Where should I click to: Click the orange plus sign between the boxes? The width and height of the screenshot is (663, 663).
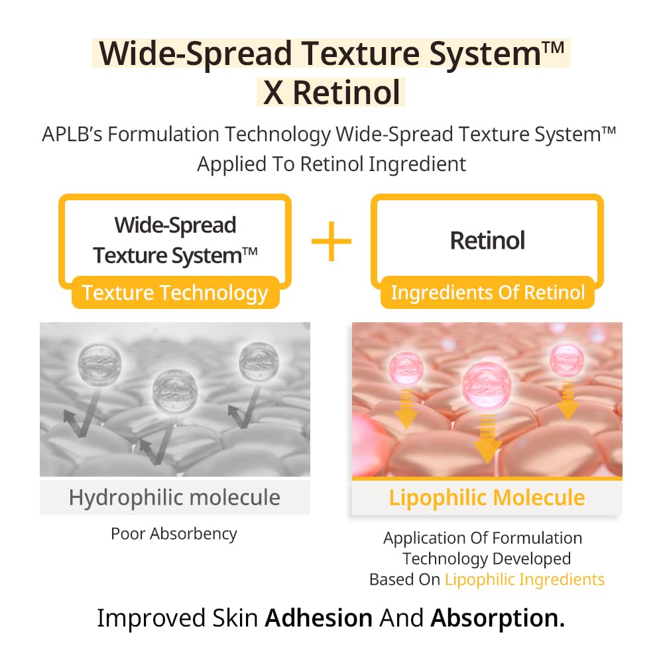(x=331, y=241)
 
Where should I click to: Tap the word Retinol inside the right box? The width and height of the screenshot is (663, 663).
(x=487, y=240)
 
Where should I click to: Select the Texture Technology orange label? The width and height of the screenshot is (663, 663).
(x=175, y=293)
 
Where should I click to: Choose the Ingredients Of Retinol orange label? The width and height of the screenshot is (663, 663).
(x=488, y=292)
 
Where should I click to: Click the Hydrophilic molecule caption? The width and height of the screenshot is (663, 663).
(x=174, y=497)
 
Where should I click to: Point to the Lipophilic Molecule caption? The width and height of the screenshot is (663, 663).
(x=487, y=497)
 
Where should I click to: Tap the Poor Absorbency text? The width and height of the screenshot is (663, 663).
(x=174, y=534)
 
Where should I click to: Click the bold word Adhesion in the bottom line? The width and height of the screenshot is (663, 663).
(x=318, y=618)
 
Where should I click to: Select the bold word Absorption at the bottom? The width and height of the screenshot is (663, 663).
(x=497, y=618)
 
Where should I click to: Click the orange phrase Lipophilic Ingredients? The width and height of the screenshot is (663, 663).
(x=524, y=579)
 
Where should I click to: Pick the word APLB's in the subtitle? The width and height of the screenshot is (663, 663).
(x=72, y=135)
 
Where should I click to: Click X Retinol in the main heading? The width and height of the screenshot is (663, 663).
(x=331, y=92)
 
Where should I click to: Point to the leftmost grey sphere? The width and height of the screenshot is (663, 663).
(x=97, y=361)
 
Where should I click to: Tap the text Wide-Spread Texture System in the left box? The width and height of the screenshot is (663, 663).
(x=175, y=240)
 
